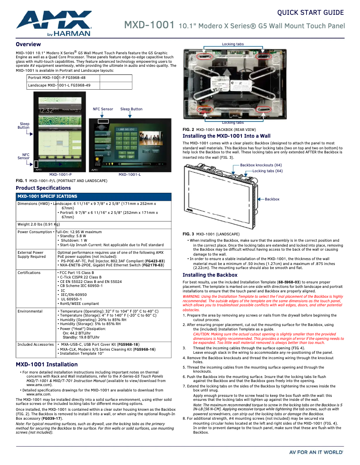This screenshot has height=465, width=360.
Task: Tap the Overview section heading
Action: (28, 44)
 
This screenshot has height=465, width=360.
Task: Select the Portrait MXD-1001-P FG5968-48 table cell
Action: (57, 78)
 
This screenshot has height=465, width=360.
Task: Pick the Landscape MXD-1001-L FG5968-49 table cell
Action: (59, 85)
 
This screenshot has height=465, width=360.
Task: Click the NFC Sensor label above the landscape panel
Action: (103, 109)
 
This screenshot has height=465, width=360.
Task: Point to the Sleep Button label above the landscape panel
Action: (131, 109)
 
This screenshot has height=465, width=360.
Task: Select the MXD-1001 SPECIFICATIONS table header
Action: (47, 196)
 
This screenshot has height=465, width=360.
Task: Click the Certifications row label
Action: (29, 273)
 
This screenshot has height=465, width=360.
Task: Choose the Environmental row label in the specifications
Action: (30, 311)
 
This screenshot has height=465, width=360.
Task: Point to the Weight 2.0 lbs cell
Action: (39, 224)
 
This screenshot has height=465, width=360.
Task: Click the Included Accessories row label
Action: (35, 344)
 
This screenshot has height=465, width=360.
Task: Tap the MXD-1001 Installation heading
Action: (47, 365)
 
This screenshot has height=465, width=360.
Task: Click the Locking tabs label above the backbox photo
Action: (233, 44)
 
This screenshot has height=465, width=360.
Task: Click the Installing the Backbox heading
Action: (210, 275)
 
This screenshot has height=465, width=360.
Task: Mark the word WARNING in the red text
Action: (191, 297)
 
